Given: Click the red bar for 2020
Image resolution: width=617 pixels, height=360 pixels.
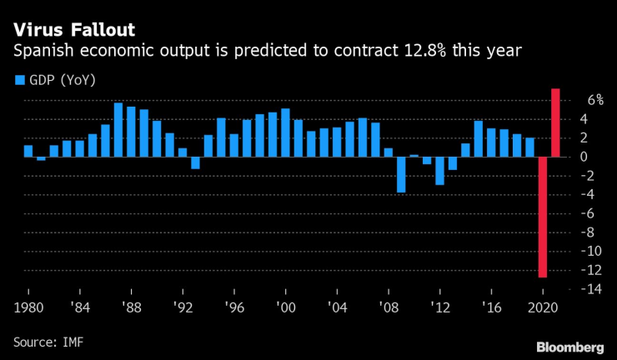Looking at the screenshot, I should tap(542, 217).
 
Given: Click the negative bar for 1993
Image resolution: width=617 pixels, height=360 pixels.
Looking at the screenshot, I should tap(195, 162).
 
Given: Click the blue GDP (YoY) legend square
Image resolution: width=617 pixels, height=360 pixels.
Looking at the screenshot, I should tap(18, 80).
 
